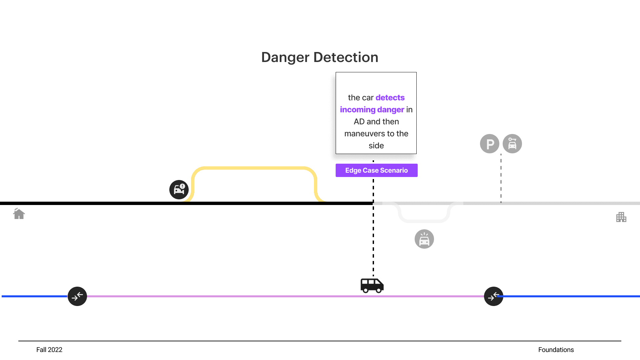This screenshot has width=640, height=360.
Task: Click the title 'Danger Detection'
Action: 320,57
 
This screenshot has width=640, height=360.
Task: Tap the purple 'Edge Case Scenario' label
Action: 377,170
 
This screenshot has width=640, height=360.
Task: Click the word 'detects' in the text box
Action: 390,98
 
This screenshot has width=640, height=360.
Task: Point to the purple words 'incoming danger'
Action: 372,110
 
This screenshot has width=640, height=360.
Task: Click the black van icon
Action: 372,286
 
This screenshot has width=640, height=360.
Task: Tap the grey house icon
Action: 19,214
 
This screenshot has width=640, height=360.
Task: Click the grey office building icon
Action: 621,217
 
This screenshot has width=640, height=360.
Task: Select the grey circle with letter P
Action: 490,144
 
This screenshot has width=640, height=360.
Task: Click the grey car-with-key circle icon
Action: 512,144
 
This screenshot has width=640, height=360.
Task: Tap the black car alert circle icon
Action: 179,190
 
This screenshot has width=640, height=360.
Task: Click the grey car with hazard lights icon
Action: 424,239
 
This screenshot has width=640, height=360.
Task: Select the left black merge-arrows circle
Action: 77,296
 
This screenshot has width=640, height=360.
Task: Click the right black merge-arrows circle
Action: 494,296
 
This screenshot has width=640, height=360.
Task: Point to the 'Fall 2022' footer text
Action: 49,350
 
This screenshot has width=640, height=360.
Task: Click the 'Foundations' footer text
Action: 556,350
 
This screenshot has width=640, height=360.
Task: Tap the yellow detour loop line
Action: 254,168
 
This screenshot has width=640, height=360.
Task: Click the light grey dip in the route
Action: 424,221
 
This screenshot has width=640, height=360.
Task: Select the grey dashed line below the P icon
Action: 501,178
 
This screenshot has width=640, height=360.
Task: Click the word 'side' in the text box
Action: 376,146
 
